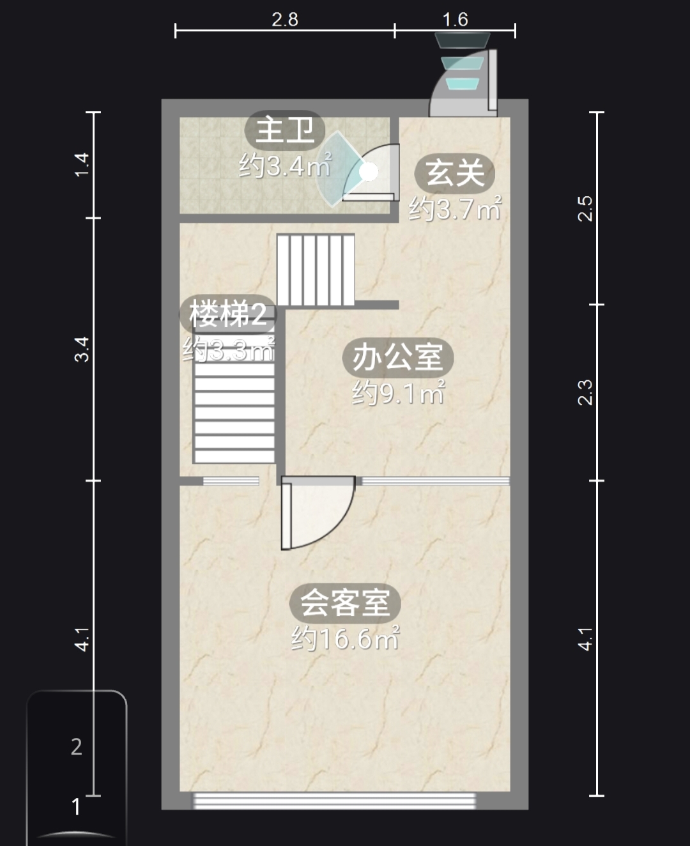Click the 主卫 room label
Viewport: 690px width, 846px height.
pyautogui.click(x=285, y=130)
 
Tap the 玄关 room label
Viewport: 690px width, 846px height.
pyautogui.click(x=454, y=173)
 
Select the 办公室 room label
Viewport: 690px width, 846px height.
pyautogui.click(x=397, y=357)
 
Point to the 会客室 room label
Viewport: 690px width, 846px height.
pyautogui.click(x=345, y=603)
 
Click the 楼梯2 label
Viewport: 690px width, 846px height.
pyautogui.click(x=228, y=314)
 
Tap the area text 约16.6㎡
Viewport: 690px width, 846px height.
pyautogui.click(x=346, y=638)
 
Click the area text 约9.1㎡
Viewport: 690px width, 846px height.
pyautogui.click(x=399, y=392)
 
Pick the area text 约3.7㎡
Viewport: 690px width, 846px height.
pyautogui.click(x=455, y=208)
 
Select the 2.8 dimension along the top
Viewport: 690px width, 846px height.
pyautogui.click(x=285, y=20)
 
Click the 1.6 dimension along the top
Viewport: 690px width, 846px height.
pyautogui.click(x=455, y=20)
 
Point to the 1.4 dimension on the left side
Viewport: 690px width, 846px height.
pyautogui.click(x=82, y=164)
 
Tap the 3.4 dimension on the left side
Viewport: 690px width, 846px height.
pyautogui.click(x=82, y=350)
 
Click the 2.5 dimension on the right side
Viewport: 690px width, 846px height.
pyautogui.click(x=585, y=208)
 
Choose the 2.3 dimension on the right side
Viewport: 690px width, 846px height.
pyautogui.click(x=585, y=392)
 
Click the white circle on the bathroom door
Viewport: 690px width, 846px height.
pyautogui.click(x=368, y=172)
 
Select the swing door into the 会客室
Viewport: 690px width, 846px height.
pyautogui.click(x=318, y=512)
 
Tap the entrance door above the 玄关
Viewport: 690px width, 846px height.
pyautogui.click(x=463, y=83)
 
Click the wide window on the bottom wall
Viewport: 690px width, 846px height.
pyautogui.click(x=334, y=801)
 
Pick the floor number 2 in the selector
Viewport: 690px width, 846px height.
pyautogui.click(x=76, y=747)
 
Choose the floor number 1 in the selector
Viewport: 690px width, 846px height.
pyautogui.click(x=76, y=806)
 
